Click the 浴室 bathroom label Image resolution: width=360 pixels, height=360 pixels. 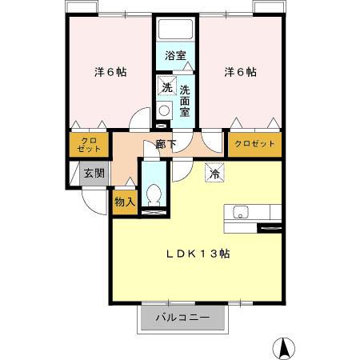click(x=175, y=56)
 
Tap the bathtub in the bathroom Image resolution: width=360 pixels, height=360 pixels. click(x=175, y=30)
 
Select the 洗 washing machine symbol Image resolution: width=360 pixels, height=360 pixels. click(x=166, y=86)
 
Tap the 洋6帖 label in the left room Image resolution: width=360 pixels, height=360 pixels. click(x=110, y=72)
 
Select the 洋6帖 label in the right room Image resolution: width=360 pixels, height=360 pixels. click(x=240, y=72)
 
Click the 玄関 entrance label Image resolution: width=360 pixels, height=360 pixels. click(x=94, y=173)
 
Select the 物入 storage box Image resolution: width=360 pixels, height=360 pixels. click(x=125, y=202)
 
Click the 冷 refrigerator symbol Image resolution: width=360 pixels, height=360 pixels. click(x=214, y=172)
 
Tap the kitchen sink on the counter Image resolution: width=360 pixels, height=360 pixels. click(x=240, y=212)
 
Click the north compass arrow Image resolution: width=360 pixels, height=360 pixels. click(x=282, y=348)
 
